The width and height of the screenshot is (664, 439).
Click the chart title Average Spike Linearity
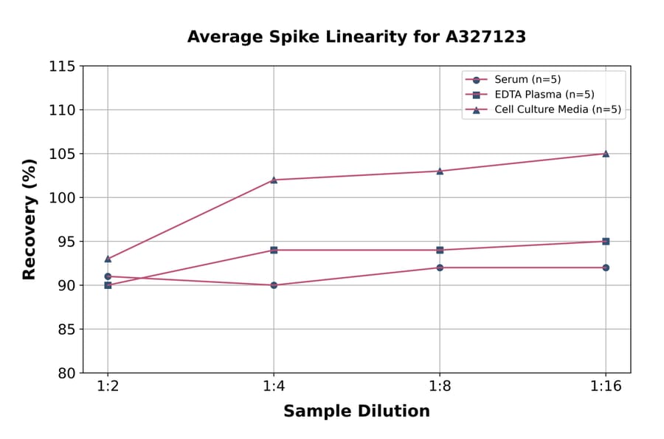(x=356, y=36)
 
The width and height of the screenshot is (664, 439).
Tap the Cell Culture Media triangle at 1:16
(x=606, y=154)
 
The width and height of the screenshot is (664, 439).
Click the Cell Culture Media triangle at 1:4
(x=274, y=180)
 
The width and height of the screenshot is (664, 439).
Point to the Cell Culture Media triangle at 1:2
(x=108, y=259)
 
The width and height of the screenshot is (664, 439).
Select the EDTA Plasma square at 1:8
(x=440, y=250)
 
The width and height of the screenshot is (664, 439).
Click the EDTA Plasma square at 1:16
(x=606, y=241)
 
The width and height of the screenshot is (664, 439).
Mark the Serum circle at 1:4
(x=274, y=285)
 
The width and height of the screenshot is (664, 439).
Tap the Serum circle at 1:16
(x=606, y=268)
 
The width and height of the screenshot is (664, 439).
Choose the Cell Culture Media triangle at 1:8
(x=440, y=171)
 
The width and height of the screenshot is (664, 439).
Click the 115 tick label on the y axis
(x=62, y=67)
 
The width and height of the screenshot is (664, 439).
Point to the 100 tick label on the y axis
(x=62, y=197)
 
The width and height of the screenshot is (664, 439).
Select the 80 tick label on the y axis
(x=66, y=372)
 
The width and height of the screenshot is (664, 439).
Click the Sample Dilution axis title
(x=356, y=411)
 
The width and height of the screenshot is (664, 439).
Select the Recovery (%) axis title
(x=30, y=219)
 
